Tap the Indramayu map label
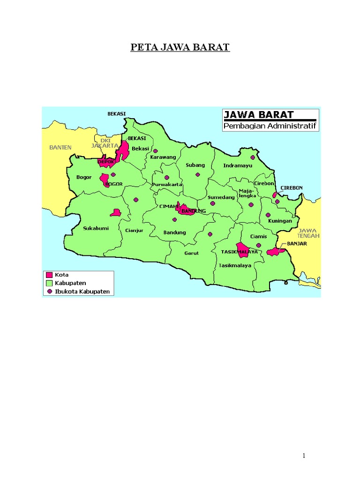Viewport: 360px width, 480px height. pos(234,165)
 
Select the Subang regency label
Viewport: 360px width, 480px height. pos(195,165)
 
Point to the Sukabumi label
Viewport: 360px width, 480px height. pos(93,228)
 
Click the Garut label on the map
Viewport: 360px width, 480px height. pos(192,253)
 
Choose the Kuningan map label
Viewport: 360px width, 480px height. pos(280,221)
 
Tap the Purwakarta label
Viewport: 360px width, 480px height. pos(166,185)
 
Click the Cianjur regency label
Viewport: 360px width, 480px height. pos(133,231)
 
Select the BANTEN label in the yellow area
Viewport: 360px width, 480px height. pos(60,147)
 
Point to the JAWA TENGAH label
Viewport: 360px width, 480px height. pos(308,233)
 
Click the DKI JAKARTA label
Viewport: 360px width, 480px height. pos(105,142)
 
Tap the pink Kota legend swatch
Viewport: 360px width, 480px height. pos(49,275)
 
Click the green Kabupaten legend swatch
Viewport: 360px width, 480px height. pos(49,283)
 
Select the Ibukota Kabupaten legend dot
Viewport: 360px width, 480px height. pos(49,291)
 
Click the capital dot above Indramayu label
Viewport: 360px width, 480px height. pos(253,157)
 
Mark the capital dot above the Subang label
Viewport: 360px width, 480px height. pos(198,174)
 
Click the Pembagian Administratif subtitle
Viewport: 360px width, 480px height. pos(270,126)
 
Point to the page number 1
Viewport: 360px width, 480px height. pos(304,456)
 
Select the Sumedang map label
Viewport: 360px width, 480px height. pos(221,197)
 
